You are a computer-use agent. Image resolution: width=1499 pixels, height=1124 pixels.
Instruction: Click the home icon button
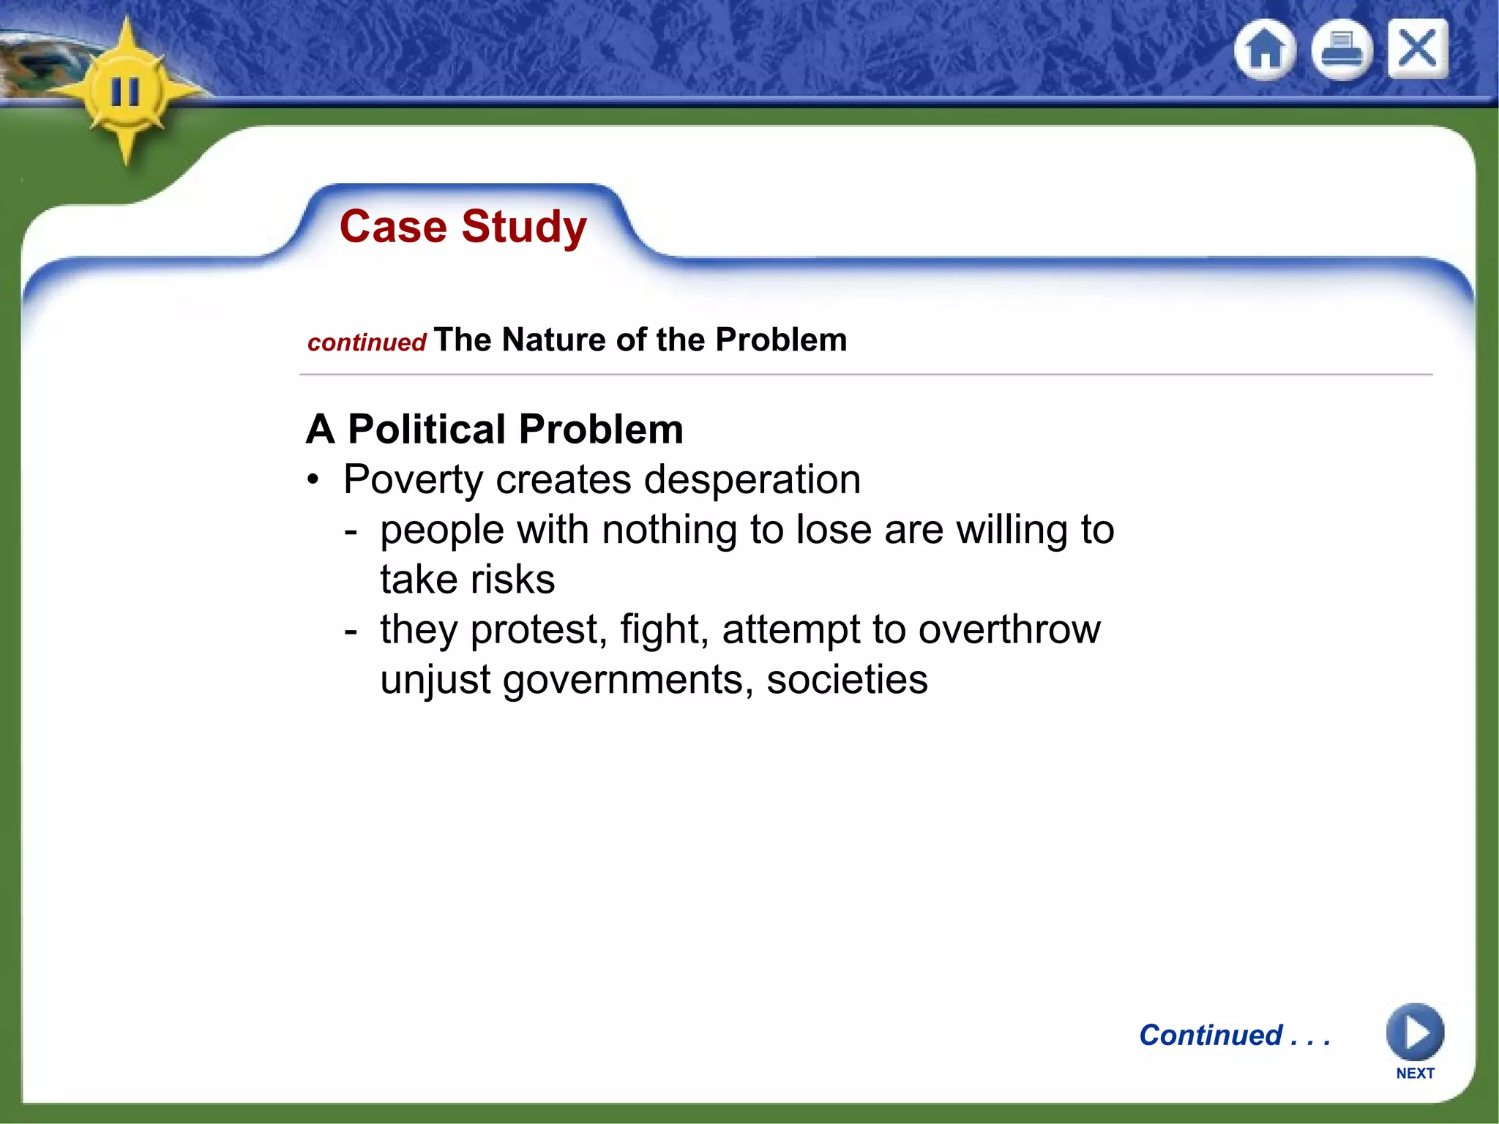click(x=1265, y=50)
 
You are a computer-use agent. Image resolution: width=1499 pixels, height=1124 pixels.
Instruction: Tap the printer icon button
click(x=1341, y=50)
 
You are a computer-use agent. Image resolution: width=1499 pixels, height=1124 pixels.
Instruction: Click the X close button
click(x=1418, y=49)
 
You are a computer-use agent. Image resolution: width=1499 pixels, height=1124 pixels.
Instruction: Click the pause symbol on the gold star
click(x=124, y=92)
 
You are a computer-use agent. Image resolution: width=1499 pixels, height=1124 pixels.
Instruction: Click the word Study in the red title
click(x=524, y=227)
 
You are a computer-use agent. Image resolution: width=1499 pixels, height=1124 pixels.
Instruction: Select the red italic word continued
click(x=367, y=342)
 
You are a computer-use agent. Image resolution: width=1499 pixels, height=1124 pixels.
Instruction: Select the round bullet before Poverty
click(x=314, y=481)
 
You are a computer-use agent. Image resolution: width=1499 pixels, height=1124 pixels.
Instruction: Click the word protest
click(x=538, y=631)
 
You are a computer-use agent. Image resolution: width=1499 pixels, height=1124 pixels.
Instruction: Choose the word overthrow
click(x=1009, y=629)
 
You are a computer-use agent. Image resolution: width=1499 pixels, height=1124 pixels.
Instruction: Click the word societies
click(x=847, y=680)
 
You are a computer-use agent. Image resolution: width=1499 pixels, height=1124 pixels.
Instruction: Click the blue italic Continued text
click(x=1211, y=1035)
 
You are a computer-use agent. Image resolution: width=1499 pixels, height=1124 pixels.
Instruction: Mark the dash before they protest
click(x=351, y=631)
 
